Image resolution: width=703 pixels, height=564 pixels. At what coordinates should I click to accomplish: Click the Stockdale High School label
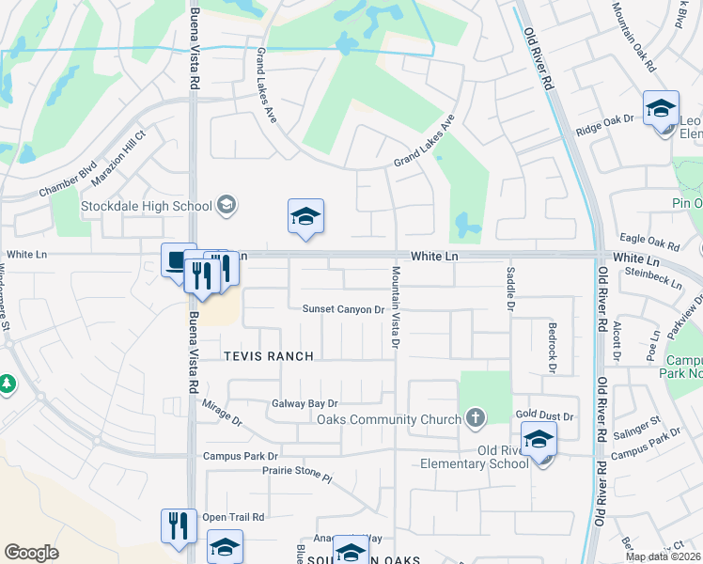pos(146,205)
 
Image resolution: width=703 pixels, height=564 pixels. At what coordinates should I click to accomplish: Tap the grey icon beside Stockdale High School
pos(226,204)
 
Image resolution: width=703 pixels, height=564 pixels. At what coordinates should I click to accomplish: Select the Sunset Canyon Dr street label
pos(344,309)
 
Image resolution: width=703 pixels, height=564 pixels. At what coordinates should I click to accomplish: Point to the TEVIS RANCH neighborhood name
pos(267,356)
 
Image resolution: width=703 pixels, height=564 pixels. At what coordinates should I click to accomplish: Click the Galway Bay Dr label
pos(305,403)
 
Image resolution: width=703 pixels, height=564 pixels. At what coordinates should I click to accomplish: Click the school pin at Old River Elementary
pos(539,439)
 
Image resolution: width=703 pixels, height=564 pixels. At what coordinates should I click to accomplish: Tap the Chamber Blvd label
pos(68,180)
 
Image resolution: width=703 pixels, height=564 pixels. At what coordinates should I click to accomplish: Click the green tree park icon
pos(7,384)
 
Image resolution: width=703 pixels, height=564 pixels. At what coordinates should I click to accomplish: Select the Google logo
pos(31,553)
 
